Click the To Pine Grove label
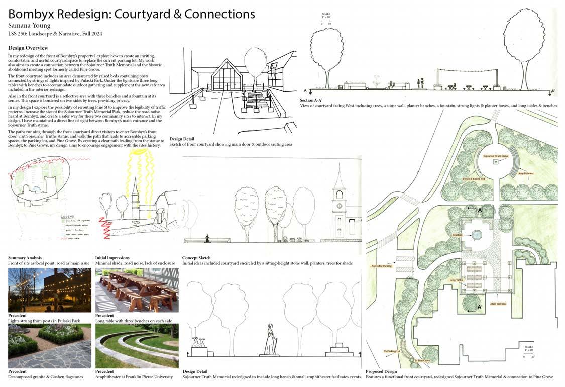click(x=423, y=360)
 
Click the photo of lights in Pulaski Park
click(x=49, y=290)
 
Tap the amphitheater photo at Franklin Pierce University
click(x=137, y=346)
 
